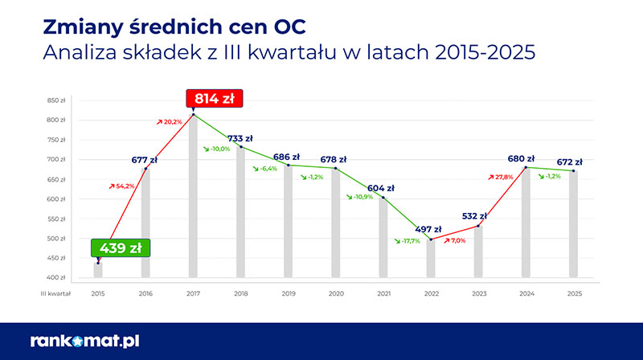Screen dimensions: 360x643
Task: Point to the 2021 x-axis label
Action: click(x=383, y=293)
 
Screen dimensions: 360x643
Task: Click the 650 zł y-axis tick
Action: click(x=55, y=179)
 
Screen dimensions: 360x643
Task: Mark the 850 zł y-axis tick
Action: click(x=55, y=100)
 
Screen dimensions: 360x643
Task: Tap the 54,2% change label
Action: click(x=121, y=186)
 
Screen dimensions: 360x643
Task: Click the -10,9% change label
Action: click(x=359, y=197)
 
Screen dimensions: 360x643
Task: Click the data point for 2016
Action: click(x=145, y=169)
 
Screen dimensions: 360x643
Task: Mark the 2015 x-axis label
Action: click(x=98, y=293)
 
